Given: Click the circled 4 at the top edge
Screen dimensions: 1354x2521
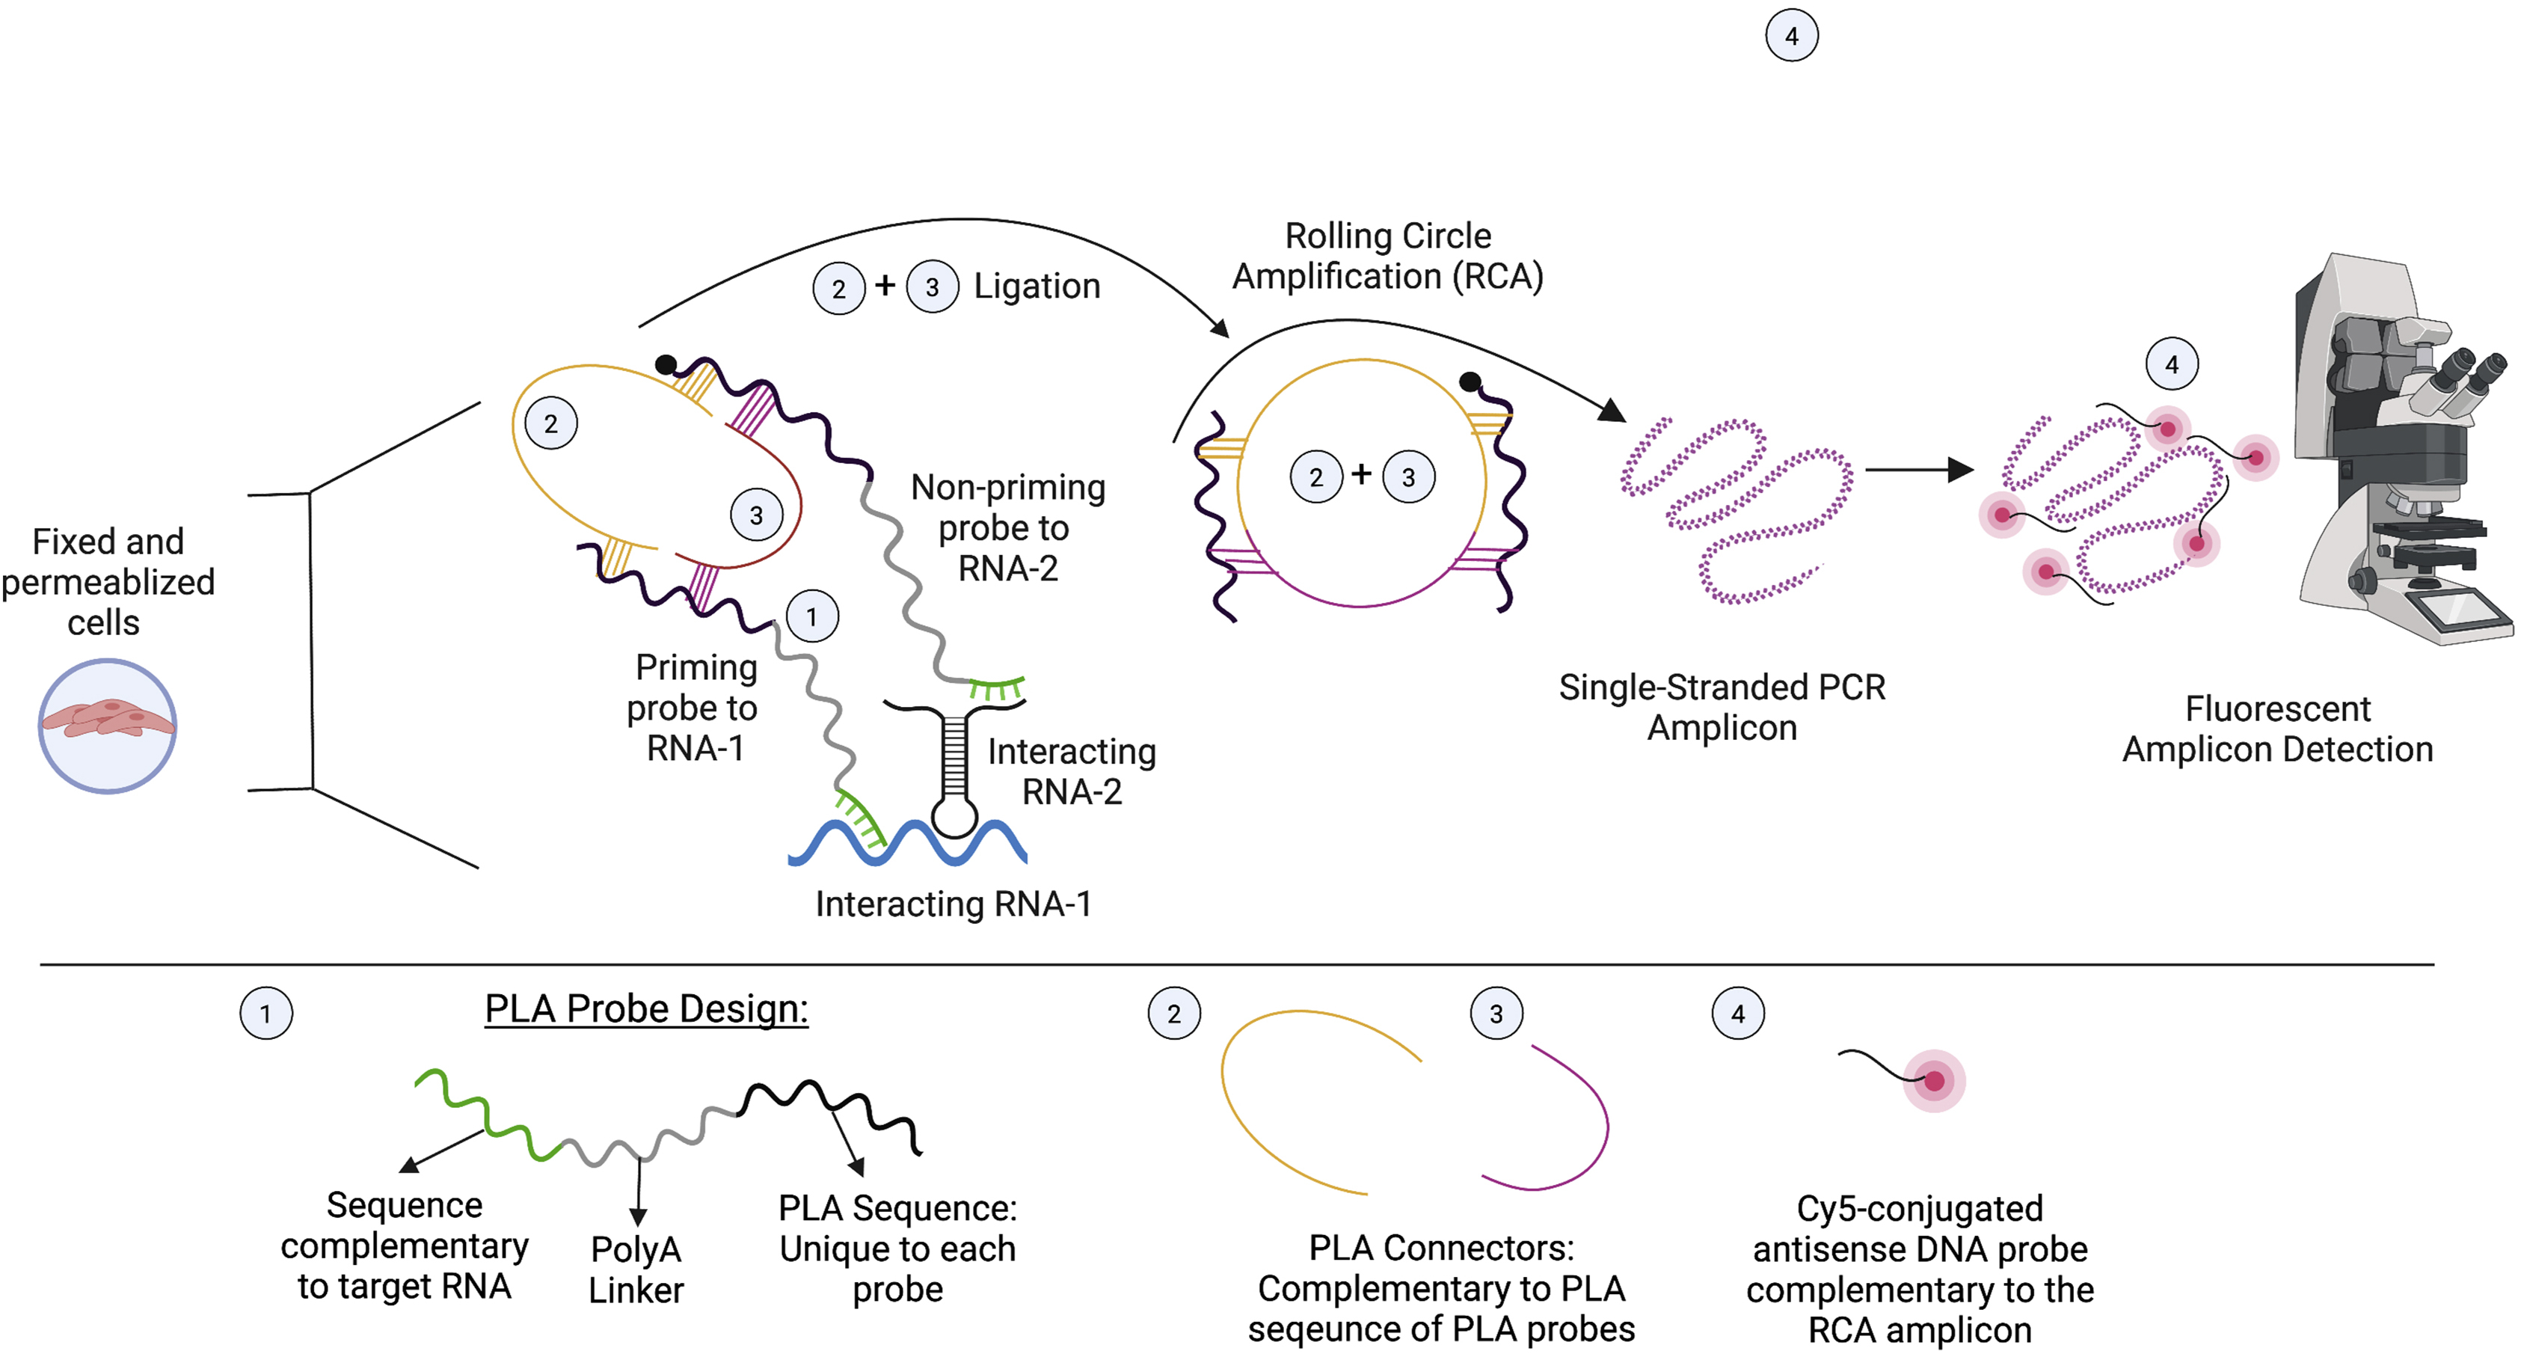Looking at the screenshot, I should pyautogui.click(x=1791, y=36).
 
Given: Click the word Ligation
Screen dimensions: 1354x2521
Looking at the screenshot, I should pyautogui.click(x=1037, y=286).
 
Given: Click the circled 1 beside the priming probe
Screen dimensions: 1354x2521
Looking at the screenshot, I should pyautogui.click(x=811, y=617).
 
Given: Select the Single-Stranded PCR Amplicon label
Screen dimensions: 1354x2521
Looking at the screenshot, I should pyautogui.click(x=1722, y=707).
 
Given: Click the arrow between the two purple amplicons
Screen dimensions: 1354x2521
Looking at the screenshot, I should pyautogui.click(x=1918, y=470).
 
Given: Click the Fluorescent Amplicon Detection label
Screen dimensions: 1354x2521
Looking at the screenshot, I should pyautogui.click(x=2277, y=729).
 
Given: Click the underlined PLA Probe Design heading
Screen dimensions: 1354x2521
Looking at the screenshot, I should pyautogui.click(x=646, y=1008).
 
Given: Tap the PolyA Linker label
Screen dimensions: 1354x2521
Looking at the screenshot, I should pyautogui.click(x=636, y=1269).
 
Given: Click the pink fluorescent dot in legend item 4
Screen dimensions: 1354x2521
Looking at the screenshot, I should pyautogui.click(x=1933, y=1081).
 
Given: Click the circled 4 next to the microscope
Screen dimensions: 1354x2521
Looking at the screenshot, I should pyautogui.click(x=2172, y=365).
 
